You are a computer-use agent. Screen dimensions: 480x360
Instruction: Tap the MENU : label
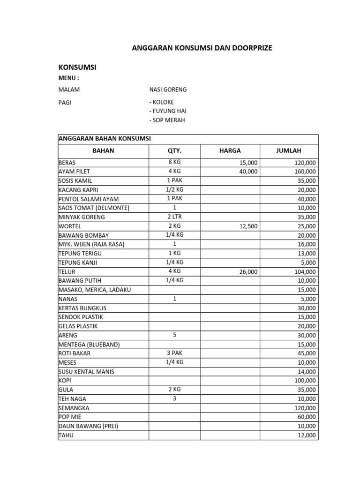(x=68, y=78)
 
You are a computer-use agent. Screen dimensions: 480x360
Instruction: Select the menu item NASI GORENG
(x=167, y=90)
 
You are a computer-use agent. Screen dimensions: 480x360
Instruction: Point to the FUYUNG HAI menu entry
(x=169, y=111)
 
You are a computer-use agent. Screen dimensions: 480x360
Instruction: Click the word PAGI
(x=65, y=102)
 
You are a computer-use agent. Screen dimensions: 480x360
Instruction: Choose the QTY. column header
(x=174, y=151)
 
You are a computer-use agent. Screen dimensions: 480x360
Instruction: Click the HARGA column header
(x=230, y=151)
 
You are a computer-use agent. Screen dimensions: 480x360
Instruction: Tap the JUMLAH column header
(x=288, y=151)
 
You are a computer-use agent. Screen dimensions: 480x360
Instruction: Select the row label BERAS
(x=67, y=163)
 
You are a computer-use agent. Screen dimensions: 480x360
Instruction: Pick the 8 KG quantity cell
(x=174, y=162)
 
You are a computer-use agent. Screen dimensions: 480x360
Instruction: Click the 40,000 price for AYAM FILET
(x=248, y=172)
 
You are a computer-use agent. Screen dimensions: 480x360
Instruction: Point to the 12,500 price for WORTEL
(x=248, y=226)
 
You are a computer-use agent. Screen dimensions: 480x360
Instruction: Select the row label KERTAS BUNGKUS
(x=82, y=308)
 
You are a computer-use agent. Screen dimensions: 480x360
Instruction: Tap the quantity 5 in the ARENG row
(x=174, y=335)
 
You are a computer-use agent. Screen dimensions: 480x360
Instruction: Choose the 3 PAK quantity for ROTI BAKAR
(x=174, y=353)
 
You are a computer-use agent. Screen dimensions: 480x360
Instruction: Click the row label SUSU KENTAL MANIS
(x=86, y=372)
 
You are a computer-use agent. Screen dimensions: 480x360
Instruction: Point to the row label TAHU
(x=66, y=435)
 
